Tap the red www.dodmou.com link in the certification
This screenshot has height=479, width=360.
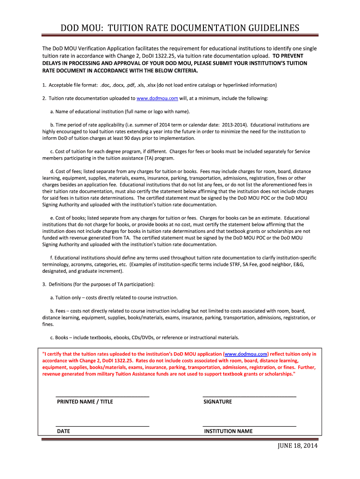[x=246, y=354]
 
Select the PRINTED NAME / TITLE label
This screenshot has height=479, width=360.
[x=85, y=401]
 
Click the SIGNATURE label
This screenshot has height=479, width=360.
[x=217, y=401]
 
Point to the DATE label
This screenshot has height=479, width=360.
[x=64, y=431]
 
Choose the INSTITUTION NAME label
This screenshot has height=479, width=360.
[x=228, y=431]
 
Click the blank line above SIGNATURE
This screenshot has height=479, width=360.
[x=249, y=397]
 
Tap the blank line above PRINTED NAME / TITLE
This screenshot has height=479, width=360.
[x=102, y=397]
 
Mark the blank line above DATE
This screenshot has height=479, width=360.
[x=102, y=426]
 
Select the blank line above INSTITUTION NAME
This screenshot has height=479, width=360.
[x=249, y=426]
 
